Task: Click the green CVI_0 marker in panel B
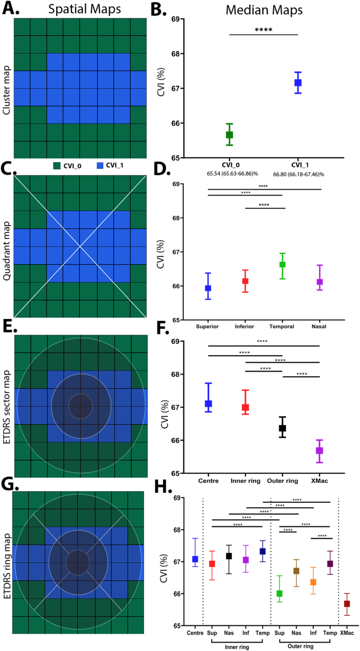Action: click(x=229, y=135)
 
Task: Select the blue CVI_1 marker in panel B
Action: click(x=298, y=82)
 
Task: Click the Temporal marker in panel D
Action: click(x=282, y=264)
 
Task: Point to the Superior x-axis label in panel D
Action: click(x=208, y=326)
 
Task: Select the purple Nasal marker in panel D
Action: click(x=320, y=282)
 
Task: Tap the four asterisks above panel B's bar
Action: click(x=263, y=30)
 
